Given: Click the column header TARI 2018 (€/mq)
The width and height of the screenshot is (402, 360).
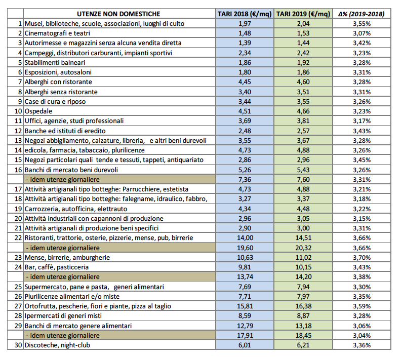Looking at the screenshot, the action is (245, 14).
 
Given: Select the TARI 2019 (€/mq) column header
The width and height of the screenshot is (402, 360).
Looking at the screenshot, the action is (303, 14).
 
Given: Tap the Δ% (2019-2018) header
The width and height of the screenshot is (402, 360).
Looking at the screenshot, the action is (361, 14).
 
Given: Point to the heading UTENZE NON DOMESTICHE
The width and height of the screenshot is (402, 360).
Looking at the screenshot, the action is (118, 14).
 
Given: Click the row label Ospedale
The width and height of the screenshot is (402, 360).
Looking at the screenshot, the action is (38, 111).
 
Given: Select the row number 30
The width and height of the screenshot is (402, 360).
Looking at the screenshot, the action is (18, 345).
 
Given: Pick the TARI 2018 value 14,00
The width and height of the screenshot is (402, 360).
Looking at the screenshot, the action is (245, 238).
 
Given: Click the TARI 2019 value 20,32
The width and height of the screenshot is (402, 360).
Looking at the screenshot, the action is (303, 248).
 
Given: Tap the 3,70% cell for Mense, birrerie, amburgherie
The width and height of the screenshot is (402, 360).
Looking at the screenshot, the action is (361, 258).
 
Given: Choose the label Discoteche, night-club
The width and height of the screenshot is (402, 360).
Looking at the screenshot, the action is (57, 345).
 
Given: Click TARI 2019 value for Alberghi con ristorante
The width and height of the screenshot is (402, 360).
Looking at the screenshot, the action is (303, 82).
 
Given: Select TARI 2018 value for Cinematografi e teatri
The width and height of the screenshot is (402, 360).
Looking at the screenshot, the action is (245, 33).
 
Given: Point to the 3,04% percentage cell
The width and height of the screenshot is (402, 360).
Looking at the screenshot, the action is (361, 336).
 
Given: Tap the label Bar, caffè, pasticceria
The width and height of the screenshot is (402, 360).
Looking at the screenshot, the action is (57, 267).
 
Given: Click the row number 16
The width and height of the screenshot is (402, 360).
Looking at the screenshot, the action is (18, 170).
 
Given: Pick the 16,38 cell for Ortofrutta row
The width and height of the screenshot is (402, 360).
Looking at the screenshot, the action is (303, 306).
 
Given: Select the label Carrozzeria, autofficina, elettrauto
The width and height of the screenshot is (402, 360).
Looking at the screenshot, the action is (76, 209).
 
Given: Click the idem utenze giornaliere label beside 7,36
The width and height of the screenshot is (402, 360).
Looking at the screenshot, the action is (63, 180).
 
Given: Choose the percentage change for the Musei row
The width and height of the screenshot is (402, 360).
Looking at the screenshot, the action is (361, 24).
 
